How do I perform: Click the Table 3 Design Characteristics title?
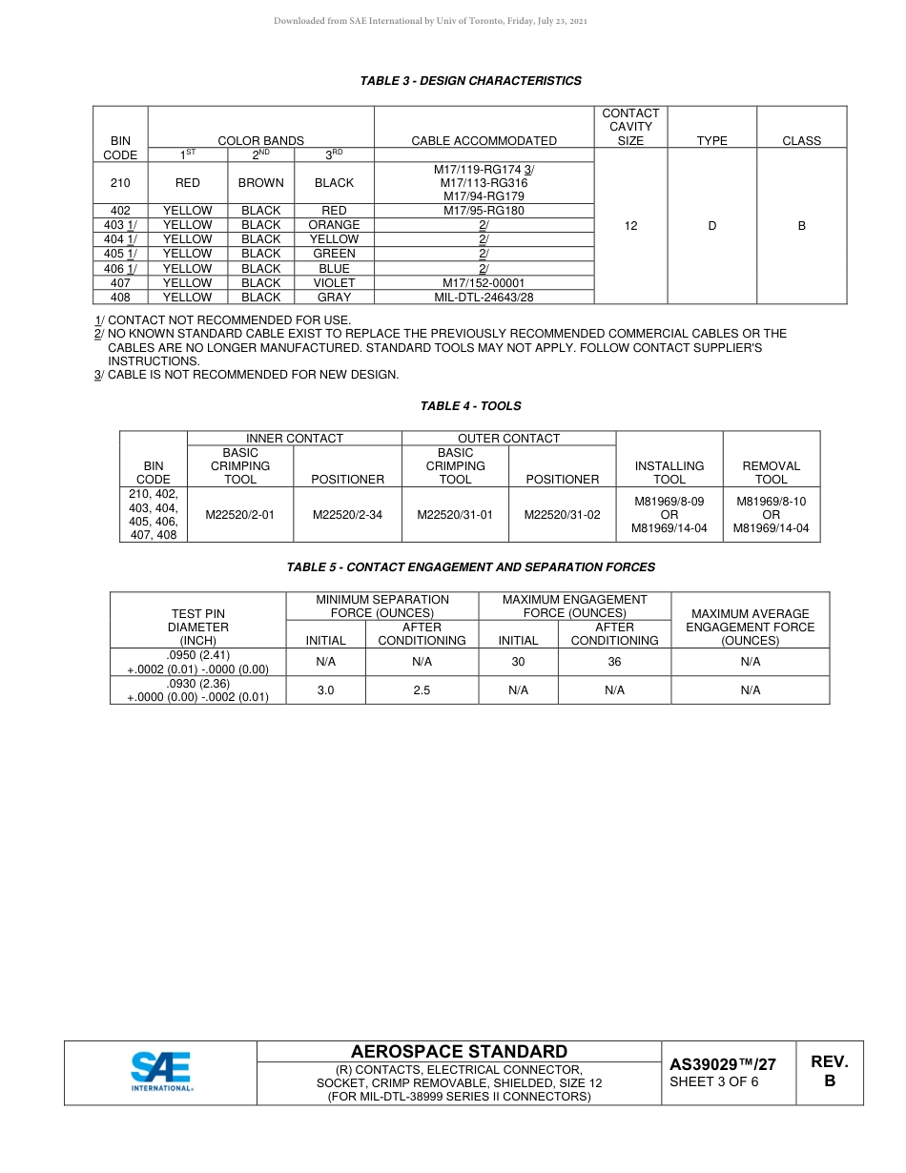470,81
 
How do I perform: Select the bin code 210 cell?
120,182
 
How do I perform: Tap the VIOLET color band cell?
334,283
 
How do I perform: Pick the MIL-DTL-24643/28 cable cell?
484,298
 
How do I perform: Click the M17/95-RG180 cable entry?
484,211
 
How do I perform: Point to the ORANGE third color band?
334,225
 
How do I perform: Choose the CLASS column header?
801,140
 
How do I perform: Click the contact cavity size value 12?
630,226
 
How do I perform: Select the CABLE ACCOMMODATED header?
484,140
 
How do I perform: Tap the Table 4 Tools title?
470,406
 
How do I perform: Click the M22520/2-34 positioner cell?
348,514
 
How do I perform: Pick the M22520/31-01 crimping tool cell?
455,514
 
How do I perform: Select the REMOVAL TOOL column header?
771,472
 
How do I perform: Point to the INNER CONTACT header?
295,439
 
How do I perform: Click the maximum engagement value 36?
614,662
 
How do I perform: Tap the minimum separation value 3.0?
325,690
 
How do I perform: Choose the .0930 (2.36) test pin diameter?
197,684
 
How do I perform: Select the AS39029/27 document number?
722,1064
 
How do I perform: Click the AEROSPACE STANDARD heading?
459,1052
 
